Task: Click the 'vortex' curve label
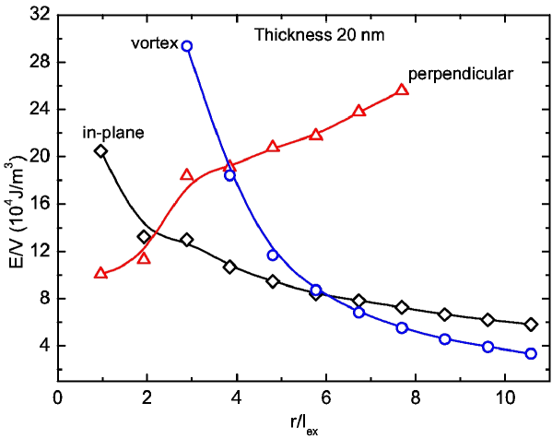pos(154,44)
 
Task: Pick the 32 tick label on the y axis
pos(39,16)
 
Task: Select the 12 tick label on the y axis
pos(39,252)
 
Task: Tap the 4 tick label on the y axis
pos(42,346)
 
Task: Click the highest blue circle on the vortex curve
pos(187,46)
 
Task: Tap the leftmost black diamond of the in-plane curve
pos(100,150)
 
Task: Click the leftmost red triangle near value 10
pos(100,272)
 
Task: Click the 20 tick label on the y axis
pos(39,157)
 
